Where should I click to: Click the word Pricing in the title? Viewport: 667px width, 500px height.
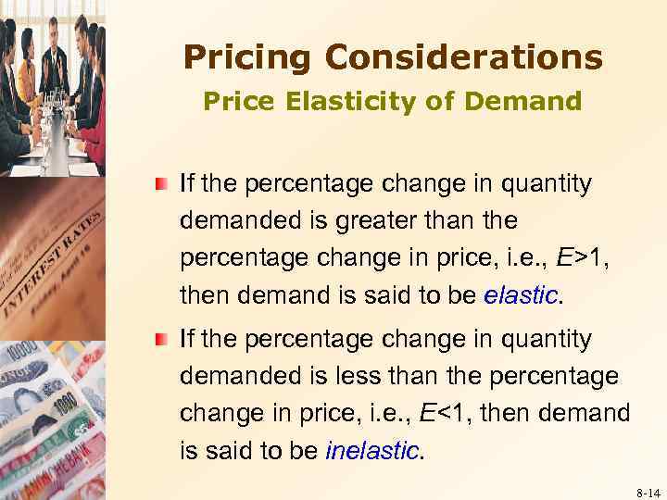[247, 58]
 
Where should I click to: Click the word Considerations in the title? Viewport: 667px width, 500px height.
[465, 58]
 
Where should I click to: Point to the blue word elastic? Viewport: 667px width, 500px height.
[522, 295]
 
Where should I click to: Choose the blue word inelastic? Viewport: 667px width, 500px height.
[373, 451]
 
